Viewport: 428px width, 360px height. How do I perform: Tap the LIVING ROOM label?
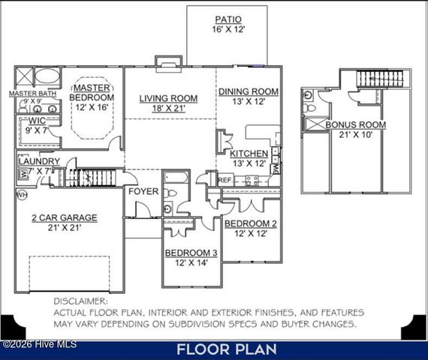[169, 98]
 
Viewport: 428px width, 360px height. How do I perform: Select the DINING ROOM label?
[249, 91]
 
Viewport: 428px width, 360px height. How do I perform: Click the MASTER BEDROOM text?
[92, 92]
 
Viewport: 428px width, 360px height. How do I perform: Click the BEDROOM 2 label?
[251, 224]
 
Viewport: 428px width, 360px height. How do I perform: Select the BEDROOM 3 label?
[192, 253]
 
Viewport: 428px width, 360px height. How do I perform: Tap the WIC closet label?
[38, 120]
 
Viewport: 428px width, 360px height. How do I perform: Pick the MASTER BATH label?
[32, 94]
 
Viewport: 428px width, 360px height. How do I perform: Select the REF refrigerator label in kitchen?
[225, 180]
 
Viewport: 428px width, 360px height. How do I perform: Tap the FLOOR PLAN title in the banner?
[227, 349]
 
